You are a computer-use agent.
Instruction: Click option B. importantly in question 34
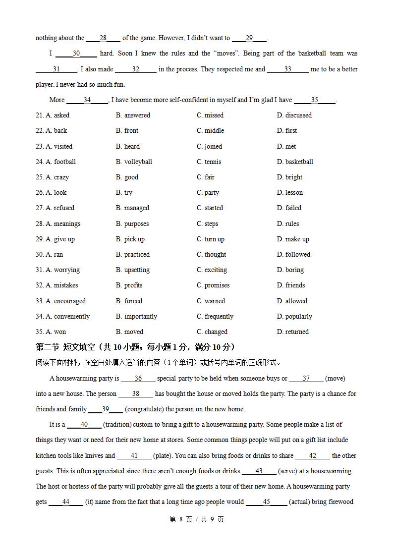(136, 316)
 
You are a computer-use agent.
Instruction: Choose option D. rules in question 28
(288, 223)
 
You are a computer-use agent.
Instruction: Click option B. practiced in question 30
(133, 254)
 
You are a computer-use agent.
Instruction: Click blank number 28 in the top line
(103, 38)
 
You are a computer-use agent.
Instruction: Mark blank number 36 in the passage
(138, 378)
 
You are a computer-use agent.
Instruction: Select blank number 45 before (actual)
(267, 501)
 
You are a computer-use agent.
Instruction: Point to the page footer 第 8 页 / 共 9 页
(197, 519)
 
